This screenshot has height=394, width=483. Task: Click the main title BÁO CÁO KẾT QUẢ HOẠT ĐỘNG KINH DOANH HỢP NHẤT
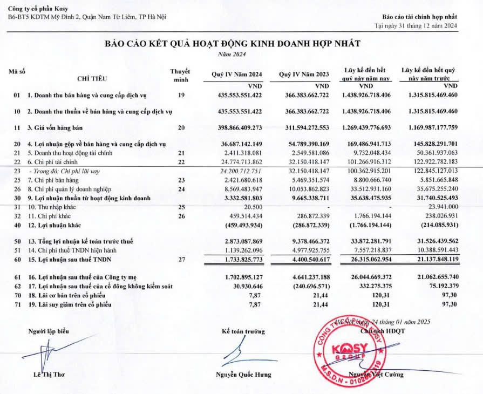coord(232,44)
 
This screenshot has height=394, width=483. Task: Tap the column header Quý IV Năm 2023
coord(303,74)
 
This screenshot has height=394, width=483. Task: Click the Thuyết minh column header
coord(181,75)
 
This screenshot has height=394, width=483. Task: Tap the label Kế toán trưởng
coord(243,331)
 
